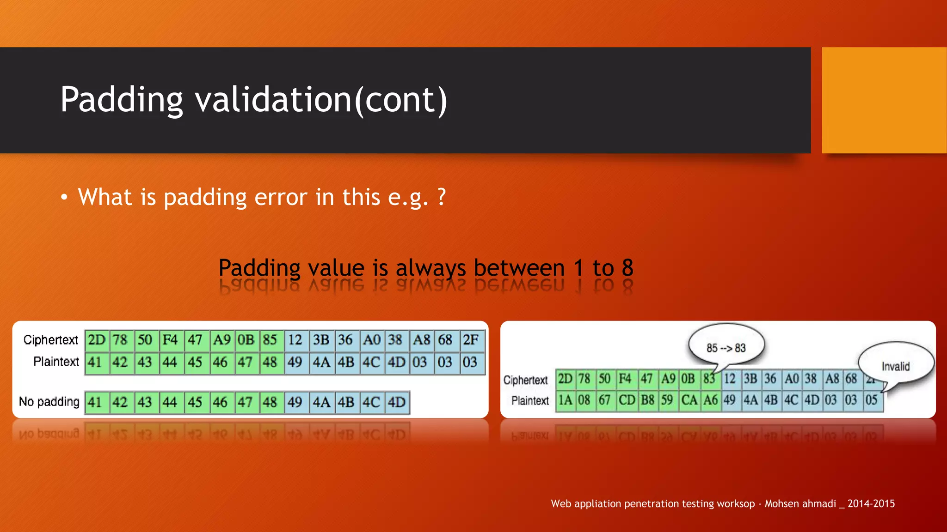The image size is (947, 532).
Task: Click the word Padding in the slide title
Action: (122, 100)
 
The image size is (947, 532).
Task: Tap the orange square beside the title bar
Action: (884, 100)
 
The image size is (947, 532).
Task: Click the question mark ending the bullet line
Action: (441, 197)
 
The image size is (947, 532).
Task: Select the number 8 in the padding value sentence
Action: (627, 268)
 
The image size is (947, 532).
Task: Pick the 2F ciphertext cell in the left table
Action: (471, 340)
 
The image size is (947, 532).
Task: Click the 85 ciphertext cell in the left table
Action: (270, 340)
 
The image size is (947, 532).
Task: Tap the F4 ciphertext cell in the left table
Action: (170, 340)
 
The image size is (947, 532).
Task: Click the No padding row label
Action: (49, 401)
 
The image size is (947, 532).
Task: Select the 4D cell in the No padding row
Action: (397, 402)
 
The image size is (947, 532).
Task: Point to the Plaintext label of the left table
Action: (56, 361)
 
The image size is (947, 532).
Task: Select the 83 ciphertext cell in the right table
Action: (709, 379)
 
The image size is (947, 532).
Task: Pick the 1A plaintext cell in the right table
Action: (565, 400)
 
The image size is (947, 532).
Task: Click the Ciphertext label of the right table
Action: (525, 380)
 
